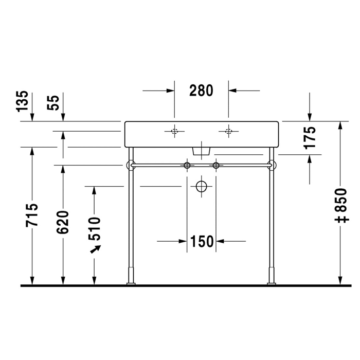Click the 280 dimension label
(201, 91)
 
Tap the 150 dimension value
(202, 241)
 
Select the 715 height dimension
(32, 215)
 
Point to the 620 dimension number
(63, 222)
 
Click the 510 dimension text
(94, 228)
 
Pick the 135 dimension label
(23, 101)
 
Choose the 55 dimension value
(53, 103)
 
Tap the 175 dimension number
(310, 137)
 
